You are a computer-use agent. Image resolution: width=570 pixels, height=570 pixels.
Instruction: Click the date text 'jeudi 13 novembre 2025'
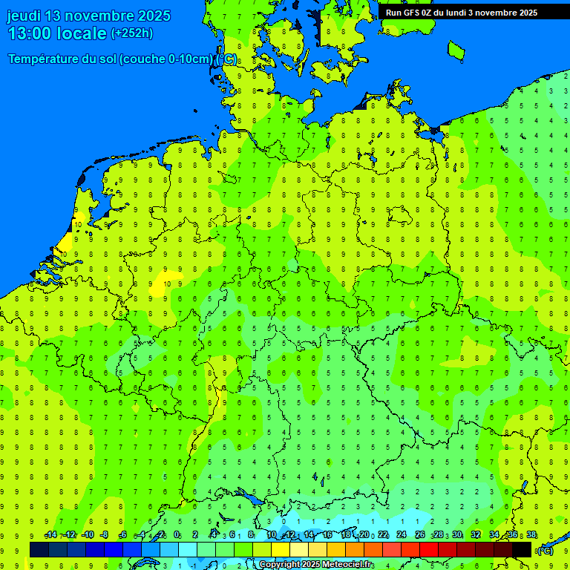[88, 16]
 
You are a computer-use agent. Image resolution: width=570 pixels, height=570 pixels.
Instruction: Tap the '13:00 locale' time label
[56, 33]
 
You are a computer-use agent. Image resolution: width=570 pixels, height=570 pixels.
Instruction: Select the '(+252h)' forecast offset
[132, 33]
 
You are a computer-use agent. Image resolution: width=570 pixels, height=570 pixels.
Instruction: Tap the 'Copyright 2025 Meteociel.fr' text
[316, 565]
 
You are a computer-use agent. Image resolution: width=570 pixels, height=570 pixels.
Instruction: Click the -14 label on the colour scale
[50, 535]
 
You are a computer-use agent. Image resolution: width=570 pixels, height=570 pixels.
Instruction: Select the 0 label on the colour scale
[177, 535]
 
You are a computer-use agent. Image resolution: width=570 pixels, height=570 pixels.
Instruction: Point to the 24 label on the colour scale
[402, 535]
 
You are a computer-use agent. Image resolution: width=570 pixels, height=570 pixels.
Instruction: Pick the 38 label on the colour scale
[531, 535]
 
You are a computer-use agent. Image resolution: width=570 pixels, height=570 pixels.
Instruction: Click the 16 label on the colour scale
[327, 535]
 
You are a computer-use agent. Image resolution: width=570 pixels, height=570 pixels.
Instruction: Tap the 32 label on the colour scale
[476, 535]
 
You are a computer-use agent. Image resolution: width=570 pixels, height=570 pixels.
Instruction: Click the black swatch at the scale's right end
[522, 549]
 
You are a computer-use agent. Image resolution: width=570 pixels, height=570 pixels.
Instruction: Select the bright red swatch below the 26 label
[429, 549]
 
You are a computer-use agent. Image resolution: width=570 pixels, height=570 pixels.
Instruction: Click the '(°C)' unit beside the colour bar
[546, 551]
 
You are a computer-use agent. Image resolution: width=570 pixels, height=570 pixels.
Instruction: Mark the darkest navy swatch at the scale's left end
[39, 549]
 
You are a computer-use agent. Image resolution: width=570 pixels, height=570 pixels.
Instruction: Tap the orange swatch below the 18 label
[355, 549]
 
